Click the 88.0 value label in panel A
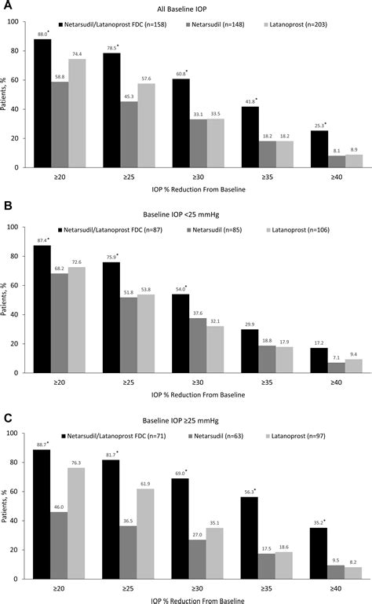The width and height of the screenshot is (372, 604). click(42, 34)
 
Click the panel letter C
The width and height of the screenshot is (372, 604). click(8, 415)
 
